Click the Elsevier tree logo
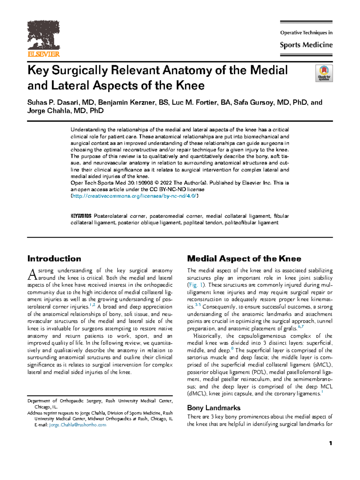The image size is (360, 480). point(43,35)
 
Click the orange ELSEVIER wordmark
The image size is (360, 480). point(44,54)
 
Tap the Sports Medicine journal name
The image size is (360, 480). point(306,45)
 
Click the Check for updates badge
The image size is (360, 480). point(324,73)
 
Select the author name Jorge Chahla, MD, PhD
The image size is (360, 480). point(65,111)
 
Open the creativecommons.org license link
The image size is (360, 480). point(134,196)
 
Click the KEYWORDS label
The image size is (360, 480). point(81,216)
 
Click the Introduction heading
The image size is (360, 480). point(54,259)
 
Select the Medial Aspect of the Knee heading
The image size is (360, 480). point(244,259)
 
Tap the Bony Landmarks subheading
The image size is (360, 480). point(214,408)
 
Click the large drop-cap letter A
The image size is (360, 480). point(32,274)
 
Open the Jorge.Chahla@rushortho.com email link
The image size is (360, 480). point(78,425)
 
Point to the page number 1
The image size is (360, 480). point(330,443)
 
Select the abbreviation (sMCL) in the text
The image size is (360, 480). point(322,365)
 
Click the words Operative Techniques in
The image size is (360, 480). point(306,33)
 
